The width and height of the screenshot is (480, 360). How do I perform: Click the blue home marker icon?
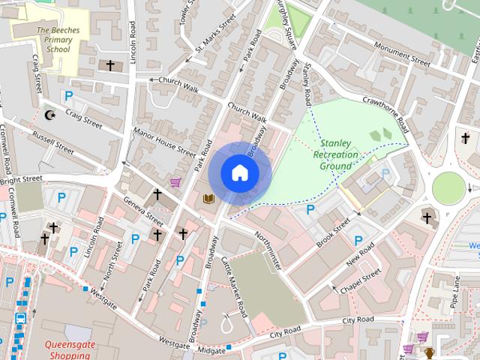click(x=239, y=172)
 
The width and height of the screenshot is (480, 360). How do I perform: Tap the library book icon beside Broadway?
click(x=209, y=199)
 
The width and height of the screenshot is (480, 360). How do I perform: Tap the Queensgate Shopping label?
click(x=68, y=351)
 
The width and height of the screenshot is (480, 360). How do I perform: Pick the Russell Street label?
click(x=53, y=140)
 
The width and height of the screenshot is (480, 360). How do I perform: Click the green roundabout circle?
click(x=449, y=187)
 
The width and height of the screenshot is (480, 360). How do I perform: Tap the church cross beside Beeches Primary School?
click(x=110, y=66)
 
